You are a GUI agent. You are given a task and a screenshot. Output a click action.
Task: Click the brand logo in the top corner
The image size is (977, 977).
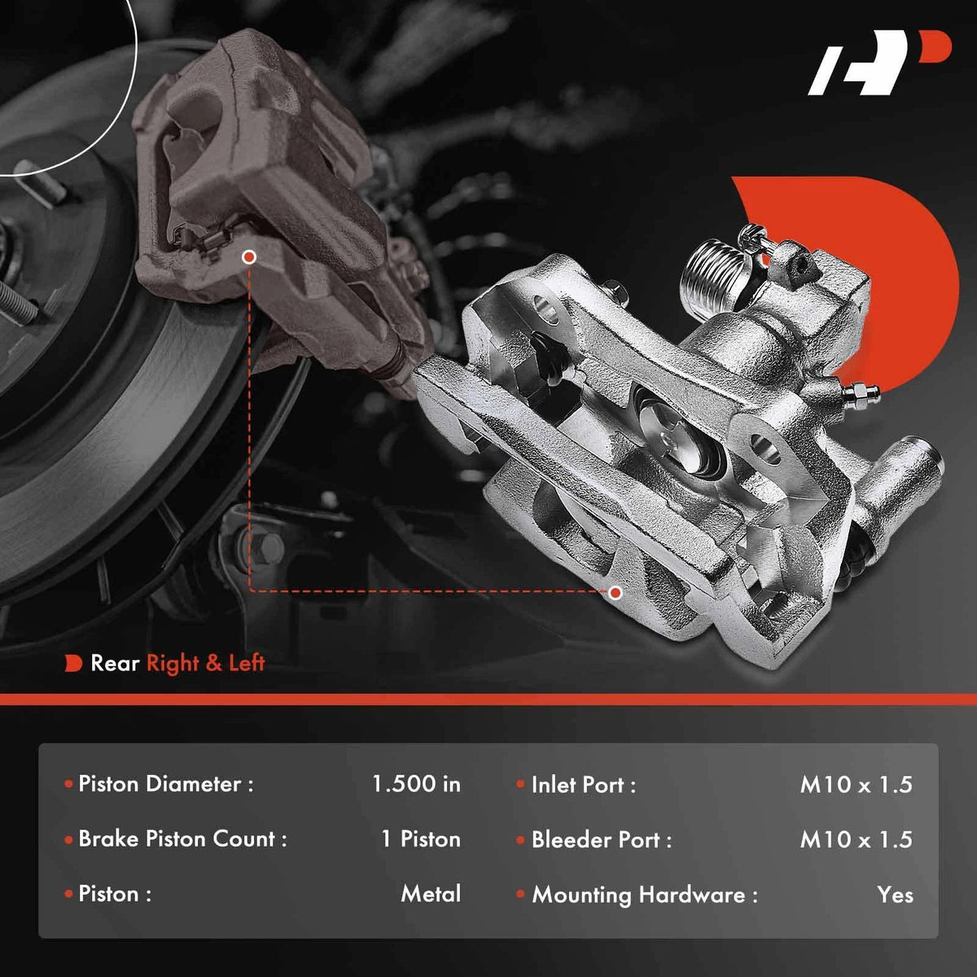(879, 63)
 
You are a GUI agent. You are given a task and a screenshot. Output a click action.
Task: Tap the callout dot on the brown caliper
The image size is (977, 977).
(249, 257)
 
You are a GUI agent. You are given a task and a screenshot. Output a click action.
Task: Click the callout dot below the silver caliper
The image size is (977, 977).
(616, 592)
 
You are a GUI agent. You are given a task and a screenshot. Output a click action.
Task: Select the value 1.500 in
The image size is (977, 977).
(416, 784)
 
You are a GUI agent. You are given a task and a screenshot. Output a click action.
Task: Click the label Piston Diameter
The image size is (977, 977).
(166, 784)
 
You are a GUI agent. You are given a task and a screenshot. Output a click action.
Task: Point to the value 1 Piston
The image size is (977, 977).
(421, 839)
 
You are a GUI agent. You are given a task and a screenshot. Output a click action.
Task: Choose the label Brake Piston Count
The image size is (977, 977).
(182, 839)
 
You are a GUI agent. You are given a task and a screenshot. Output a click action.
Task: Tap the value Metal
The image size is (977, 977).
(431, 894)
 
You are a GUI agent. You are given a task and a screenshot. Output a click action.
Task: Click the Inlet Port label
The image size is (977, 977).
(583, 785)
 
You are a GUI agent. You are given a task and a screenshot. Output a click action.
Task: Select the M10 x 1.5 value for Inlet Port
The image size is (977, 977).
(857, 785)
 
